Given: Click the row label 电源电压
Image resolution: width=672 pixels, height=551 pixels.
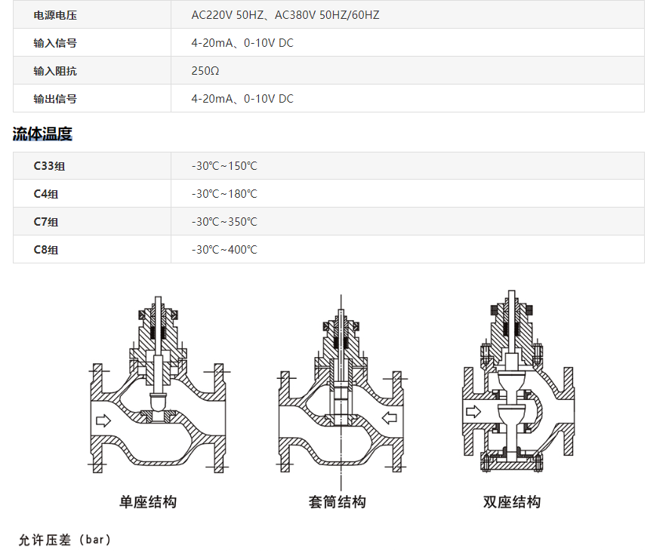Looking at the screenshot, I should [55, 15].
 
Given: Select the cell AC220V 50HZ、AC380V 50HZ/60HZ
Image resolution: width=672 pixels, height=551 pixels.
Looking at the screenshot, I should [285, 15].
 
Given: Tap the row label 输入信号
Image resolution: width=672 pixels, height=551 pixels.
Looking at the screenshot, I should [55, 43].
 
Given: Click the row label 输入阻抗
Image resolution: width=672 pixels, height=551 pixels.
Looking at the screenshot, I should [55, 71].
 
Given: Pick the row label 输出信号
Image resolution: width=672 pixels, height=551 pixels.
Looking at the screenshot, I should [55, 99].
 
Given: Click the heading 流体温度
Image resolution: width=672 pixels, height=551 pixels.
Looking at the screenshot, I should [42, 134].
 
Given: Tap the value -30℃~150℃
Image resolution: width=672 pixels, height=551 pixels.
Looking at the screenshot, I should [224, 166].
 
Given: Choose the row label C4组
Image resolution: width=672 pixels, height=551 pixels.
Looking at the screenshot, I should [46, 194].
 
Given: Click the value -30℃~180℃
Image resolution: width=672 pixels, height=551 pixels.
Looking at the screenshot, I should [224, 194].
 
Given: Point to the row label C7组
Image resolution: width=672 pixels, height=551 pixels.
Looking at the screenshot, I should [46, 222].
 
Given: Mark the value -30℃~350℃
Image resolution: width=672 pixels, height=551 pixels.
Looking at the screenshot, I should [224, 222].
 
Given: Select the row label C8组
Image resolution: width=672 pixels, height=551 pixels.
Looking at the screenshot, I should [46, 250].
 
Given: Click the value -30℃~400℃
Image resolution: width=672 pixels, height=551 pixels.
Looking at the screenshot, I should [224, 250].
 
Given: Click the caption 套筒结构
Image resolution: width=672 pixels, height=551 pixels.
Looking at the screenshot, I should [337, 502].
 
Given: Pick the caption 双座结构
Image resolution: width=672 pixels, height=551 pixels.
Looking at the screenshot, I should [512, 502].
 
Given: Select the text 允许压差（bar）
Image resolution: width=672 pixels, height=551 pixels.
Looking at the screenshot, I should [65, 540].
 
